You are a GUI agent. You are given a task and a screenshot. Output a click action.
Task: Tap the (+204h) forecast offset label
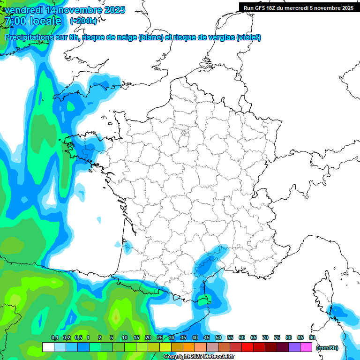coord(83,21)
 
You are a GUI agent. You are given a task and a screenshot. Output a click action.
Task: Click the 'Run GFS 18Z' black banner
coord(299,7)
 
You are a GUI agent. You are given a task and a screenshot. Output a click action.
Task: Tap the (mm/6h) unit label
coord(327,348)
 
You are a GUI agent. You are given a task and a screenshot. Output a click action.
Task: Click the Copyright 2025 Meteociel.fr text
coord(199,357)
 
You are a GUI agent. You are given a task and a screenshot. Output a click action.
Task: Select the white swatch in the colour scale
coord(48,347)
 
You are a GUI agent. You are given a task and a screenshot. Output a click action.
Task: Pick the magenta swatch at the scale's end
coord(306,347)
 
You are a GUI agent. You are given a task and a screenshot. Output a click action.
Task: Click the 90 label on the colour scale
coord(312,337)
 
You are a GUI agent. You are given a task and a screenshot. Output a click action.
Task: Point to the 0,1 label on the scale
coord(54,337)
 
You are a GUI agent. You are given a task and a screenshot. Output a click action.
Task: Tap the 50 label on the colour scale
coord(218,337)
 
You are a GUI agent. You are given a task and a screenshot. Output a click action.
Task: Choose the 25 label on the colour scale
coord(160,337)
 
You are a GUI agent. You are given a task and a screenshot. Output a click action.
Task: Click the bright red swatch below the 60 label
coord(247,347)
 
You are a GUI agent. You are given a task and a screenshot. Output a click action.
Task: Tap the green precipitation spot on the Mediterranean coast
coord(203,301)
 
